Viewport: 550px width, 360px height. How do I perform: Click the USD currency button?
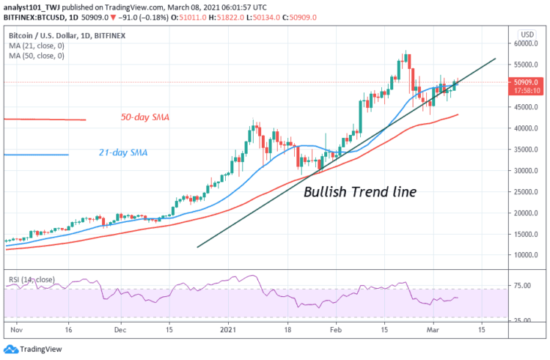[x=524, y=34]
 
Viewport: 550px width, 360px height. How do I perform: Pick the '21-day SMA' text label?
[x=124, y=153]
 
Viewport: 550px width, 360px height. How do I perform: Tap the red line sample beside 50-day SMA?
[x=45, y=119]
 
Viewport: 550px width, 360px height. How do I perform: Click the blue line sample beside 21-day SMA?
[x=36, y=154]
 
